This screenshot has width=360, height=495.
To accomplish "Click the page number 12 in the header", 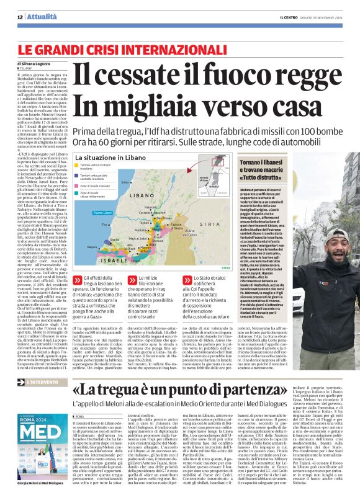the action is pyautogui.click(x=20, y=17).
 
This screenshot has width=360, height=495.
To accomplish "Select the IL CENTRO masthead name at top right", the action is pyautogui.click(x=290, y=17).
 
